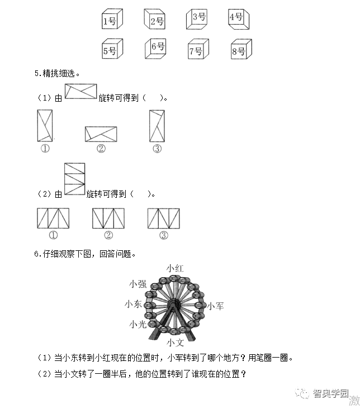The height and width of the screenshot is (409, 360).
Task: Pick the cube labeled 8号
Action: [x=240, y=50]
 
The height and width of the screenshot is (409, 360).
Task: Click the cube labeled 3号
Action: [x=197, y=18]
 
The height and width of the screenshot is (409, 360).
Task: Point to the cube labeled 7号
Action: [x=197, y=50]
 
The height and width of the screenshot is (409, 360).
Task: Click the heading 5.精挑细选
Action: [x=56, y=73]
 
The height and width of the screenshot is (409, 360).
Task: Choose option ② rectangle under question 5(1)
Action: [x=101, y=134]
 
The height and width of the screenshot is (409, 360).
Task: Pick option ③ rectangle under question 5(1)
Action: [x=157, y=125]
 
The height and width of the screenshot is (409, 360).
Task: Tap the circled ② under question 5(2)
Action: [x=108, y=235]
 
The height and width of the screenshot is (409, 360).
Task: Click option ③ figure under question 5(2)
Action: [x=163, y=218]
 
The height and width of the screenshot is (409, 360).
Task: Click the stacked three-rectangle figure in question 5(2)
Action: [x=74, y=179]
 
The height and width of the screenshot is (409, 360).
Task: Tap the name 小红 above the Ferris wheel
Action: [x=174, y=269]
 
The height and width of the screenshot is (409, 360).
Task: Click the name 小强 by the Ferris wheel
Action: [x=137, y=284]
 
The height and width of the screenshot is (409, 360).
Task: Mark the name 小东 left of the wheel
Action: [x=134, y=304]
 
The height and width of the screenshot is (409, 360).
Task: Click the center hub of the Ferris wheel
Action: [x=174, y=305]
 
